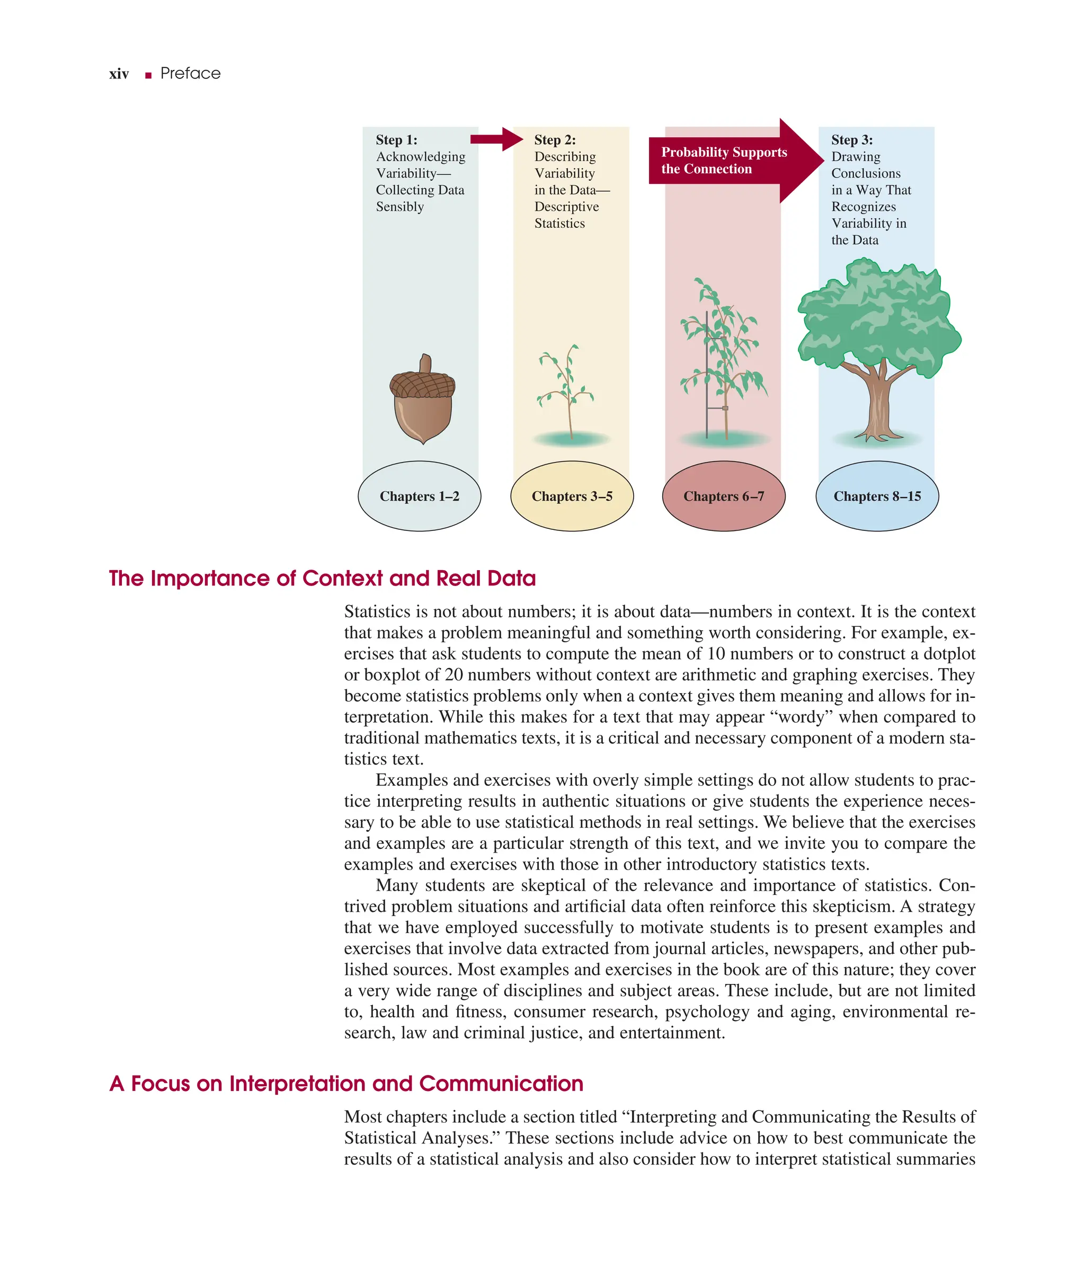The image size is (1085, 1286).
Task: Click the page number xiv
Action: [x=119, y=74]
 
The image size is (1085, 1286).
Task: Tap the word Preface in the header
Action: [x=190, y=74]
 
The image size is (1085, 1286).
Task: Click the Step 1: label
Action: [x=396, y=140]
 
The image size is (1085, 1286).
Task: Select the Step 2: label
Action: [x=555, y=140]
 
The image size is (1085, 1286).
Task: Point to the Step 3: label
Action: [x=852, y=140]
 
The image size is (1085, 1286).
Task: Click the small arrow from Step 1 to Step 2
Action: [x=496, y=139]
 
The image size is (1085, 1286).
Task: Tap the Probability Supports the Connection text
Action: [x=723, y=161]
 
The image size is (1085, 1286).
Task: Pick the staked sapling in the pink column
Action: [x=722, y=363]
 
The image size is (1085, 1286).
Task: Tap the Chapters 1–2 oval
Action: [x=420, y=496]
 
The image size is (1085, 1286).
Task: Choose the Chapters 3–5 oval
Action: [x=572, y=496]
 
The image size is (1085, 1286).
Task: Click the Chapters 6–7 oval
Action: [x=723, y=496]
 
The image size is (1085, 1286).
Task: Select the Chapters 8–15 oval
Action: [x=877, y=496]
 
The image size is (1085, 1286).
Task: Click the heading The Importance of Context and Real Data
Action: [x=322, y=579]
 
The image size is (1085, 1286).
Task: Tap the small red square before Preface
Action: [x=148, y=76]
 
